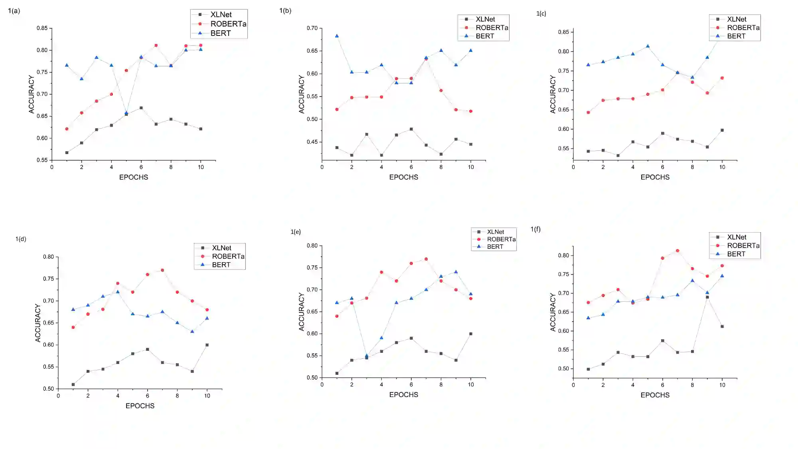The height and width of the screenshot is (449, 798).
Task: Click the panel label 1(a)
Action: (x=14, y=11)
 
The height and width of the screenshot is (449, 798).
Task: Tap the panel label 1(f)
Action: (x=535, y=229)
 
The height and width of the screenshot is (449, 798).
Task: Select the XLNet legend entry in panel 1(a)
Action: (x=221, y=15)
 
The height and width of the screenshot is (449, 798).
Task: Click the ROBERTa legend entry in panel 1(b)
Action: (x=492, y=28)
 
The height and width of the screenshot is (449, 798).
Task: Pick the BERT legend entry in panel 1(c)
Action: (x=736, y=36)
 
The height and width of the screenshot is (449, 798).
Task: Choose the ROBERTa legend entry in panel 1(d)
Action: (x=228, y=256)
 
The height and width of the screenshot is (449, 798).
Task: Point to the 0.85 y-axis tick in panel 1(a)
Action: (x=42, y=28)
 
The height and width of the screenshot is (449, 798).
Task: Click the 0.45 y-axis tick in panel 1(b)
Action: (x=312, y=142)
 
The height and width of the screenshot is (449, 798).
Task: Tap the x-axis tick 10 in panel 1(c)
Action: (x=722, y=167)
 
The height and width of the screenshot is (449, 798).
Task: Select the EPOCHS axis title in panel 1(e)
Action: (x=403, y=395)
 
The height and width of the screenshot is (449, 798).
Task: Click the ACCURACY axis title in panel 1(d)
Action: (x=38, y=323)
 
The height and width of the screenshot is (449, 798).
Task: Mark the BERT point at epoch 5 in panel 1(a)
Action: (x=126, y=113)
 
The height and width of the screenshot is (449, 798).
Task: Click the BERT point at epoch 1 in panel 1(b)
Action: (x=337, y=36)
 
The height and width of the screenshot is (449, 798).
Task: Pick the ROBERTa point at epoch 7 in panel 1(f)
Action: (x=678, y=251)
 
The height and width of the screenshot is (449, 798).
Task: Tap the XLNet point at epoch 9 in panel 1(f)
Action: (x=707, y=297)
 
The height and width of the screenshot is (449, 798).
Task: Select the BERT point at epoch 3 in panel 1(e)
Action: (x=367, y=355)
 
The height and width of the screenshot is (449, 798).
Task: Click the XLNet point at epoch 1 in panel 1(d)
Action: (x=73, y=385)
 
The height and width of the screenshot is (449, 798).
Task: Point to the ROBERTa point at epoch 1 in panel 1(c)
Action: (x=588, y=113)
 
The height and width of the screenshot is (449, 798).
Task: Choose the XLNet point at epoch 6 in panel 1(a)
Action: (x=141, y=108)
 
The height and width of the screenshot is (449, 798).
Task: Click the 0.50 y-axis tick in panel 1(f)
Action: (x=563, y=369)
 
